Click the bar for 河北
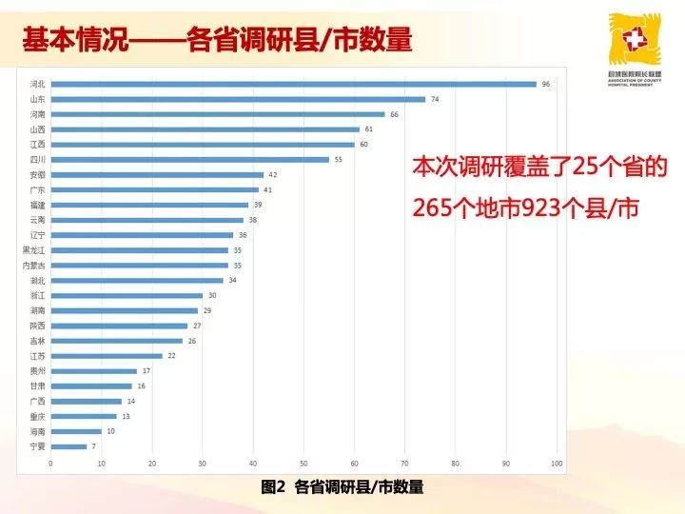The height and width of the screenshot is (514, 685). (293, 84)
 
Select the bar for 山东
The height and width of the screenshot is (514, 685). (238, 99)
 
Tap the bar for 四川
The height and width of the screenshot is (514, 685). (189, 159)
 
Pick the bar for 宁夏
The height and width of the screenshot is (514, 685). (68, 446)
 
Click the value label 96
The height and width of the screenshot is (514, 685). (546, 84)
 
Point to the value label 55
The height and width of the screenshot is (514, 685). (338, 159)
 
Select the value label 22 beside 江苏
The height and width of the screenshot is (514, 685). (171, 356)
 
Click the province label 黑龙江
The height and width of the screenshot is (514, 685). (32, 250)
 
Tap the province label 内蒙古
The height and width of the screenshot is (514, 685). (32, 265)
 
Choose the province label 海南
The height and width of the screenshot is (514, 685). (36, 431)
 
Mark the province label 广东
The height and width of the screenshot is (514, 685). (36, 189)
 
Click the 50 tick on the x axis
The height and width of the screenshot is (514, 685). (303, 464)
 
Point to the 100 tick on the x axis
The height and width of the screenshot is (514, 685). (557, 464)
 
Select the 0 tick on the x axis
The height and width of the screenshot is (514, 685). (50, 464)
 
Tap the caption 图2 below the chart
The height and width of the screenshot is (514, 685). (273, 486)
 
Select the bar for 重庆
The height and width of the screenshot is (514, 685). (83, 416)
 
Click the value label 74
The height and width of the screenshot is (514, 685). (435, 99)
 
